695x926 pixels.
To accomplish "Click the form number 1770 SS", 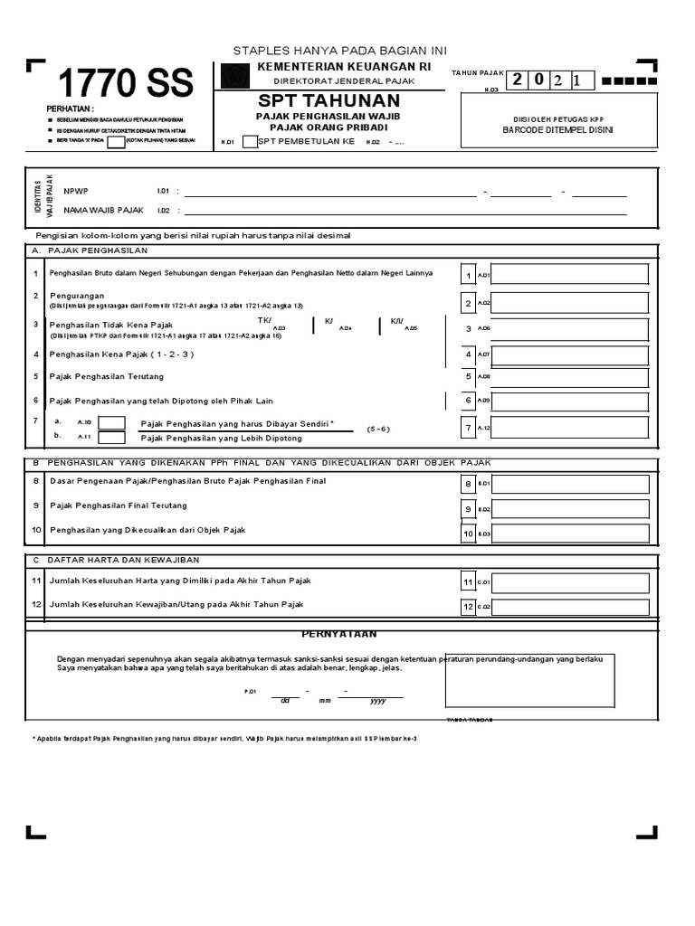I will [126, 84].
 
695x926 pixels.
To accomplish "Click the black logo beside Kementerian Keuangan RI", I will [235, 78].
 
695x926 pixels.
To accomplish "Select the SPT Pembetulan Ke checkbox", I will [250, 141].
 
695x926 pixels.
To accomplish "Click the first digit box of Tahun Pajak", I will [517, 80].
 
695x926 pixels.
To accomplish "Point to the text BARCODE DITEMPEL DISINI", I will [557, 130].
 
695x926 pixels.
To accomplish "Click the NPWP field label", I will [76, 191].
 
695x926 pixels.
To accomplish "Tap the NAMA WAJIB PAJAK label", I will [103, 210].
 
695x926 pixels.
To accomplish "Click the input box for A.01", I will [569, 274].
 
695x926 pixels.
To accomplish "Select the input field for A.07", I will [569, 354].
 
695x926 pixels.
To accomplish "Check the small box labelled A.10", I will [112, 422].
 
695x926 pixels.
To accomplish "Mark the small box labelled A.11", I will [112, 438].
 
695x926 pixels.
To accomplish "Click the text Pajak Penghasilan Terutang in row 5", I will [106, 376].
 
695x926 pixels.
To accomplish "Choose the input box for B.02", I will [569, 509].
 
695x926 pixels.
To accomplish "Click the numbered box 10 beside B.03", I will [469, 534].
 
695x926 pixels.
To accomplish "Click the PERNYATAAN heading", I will [339, 634].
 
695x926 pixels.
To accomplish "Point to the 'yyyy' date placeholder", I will [378, 700].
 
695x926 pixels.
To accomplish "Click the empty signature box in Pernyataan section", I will [529, 681].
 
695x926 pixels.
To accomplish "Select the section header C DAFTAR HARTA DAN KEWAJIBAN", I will [116, 561].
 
